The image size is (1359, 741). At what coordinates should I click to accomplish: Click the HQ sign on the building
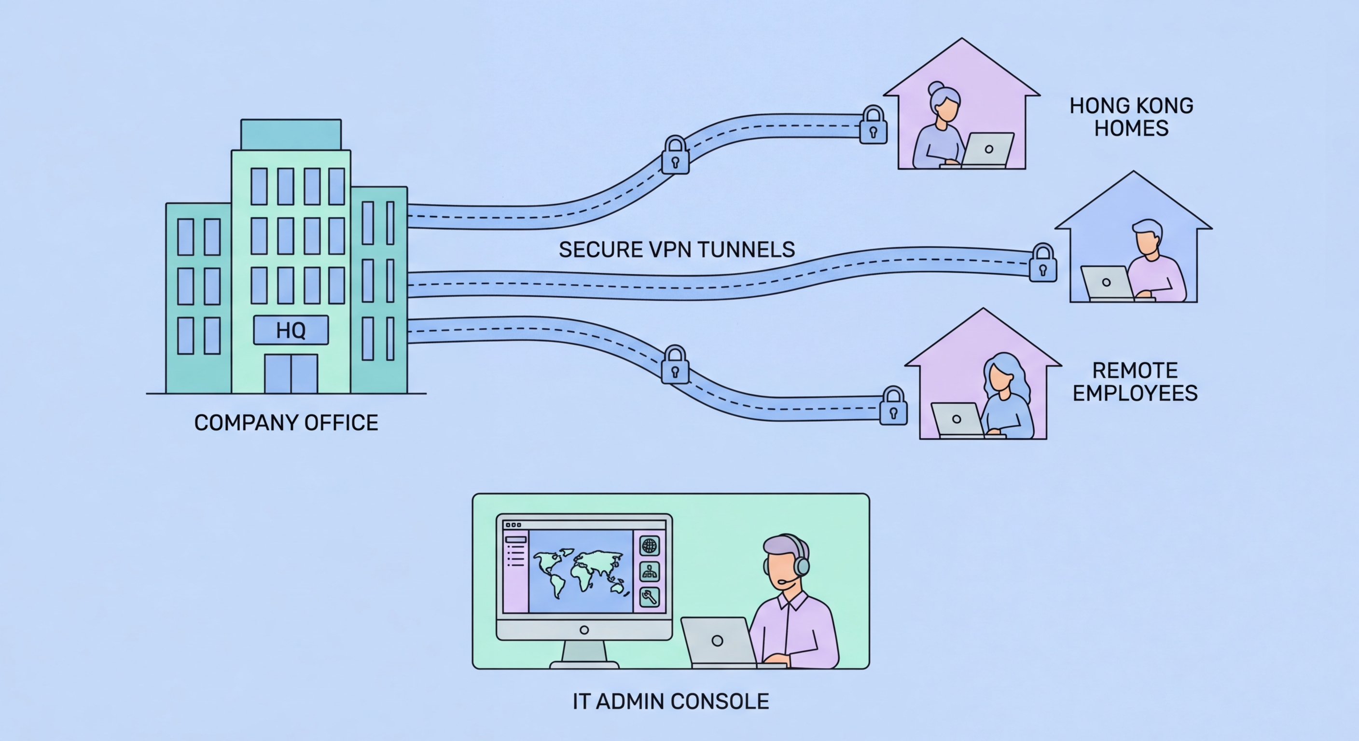click(291, 330)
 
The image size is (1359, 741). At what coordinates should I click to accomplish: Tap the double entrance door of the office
click(291, 373)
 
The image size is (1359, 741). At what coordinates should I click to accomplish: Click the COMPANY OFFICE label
click(286, 423)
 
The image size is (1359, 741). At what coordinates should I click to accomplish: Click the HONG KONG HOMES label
click(1131, 117)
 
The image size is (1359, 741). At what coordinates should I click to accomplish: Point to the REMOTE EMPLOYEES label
click(1135, 382)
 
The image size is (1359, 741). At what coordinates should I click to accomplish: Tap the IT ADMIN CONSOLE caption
click(670, 701)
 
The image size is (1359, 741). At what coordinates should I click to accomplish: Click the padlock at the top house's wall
click(873, 126)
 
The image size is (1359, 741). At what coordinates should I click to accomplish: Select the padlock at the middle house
click(1042, 264)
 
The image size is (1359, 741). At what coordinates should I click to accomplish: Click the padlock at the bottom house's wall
click(893, 408)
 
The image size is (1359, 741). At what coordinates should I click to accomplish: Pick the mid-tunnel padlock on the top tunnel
click(675, 157)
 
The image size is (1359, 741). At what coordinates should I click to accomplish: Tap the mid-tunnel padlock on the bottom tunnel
click(675, 367)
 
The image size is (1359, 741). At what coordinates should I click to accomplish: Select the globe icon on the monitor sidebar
click(650, 546)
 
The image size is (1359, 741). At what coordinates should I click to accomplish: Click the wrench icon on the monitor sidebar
click(650, 598)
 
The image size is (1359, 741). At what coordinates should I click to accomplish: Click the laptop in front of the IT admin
click(719, 641)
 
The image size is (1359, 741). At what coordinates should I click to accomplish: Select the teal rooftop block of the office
click(291, 135)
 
